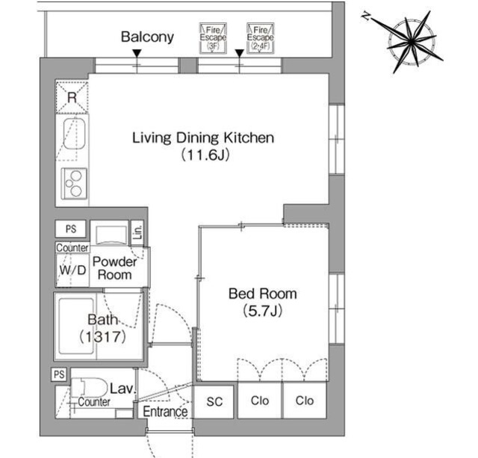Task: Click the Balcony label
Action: [147, 37]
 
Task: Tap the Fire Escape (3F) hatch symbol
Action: [213, 38]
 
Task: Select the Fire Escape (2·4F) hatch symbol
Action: [260, 38]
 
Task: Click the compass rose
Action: [411, 42]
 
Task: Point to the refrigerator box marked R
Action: [72, 97]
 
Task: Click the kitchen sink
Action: [74, 134]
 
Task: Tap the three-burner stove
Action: [74, 184]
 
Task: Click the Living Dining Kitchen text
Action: [203, 138]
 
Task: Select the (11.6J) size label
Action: [205, 155]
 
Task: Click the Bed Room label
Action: [262, 294]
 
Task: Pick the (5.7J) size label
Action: [262, 311]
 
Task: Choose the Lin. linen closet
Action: [137, 233]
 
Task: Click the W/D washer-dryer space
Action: [72, 270]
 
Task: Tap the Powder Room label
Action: [115, 268]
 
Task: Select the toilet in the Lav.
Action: [89, 388]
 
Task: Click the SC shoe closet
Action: [214, 401]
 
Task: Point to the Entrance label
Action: [165, 412]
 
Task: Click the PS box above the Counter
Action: [71, 229]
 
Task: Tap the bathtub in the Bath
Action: [76, 327]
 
